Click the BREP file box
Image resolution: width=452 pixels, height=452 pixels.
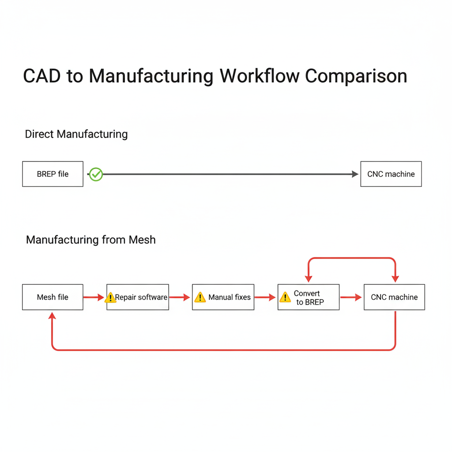(x=53, y=174)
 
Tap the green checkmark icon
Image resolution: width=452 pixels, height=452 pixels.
(x=96, y=174)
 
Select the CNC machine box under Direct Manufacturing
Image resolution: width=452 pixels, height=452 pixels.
(x=391, y=174)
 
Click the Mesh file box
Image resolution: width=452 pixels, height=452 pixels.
(x=53, y=297)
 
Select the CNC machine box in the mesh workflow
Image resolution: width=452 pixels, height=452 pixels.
(x=394, y=297)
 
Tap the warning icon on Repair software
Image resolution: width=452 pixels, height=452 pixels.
(x=110, y=298)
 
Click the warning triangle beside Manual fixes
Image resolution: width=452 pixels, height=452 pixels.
(x=200, y=298)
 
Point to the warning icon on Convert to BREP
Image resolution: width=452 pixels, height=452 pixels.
(x=285, y=298)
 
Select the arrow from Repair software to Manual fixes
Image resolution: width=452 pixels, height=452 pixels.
(x=180, y=298)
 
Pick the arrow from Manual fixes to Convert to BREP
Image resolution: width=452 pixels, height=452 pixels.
(x=265, y=298)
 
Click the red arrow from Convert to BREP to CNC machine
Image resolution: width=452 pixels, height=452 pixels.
(x=351, y=298)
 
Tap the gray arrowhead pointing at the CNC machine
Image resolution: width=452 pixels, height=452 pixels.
(x=355, y=174)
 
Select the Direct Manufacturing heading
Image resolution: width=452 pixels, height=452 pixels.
(x=76, y=134)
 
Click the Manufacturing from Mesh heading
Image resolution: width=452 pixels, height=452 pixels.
(x=91, y=240)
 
